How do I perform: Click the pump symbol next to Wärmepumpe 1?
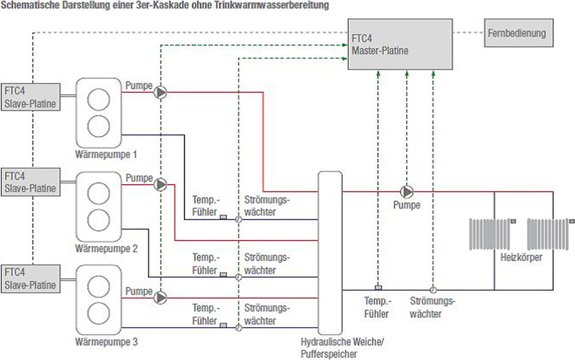160,93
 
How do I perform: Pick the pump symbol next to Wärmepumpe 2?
160,185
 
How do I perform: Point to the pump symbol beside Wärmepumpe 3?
160,297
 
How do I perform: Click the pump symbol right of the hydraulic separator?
407,192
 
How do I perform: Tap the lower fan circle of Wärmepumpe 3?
99,311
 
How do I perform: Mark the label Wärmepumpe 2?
106,249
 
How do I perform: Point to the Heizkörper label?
521,257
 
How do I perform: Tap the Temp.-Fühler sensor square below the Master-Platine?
378,287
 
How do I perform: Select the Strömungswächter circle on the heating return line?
433,289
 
